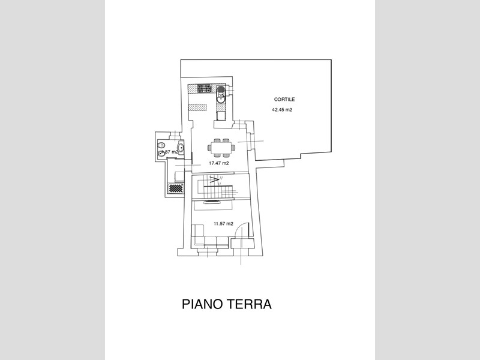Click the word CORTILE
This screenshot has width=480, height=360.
click(284, 100)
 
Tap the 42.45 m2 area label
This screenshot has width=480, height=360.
click(282, 110)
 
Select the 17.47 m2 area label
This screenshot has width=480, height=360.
click(218, 163)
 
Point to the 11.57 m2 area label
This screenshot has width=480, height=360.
click(223, 224)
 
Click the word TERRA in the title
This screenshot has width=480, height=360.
click(253, 304)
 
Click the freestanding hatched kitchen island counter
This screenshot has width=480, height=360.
click(197, 108)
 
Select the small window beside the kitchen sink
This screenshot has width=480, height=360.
click(230, 90)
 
